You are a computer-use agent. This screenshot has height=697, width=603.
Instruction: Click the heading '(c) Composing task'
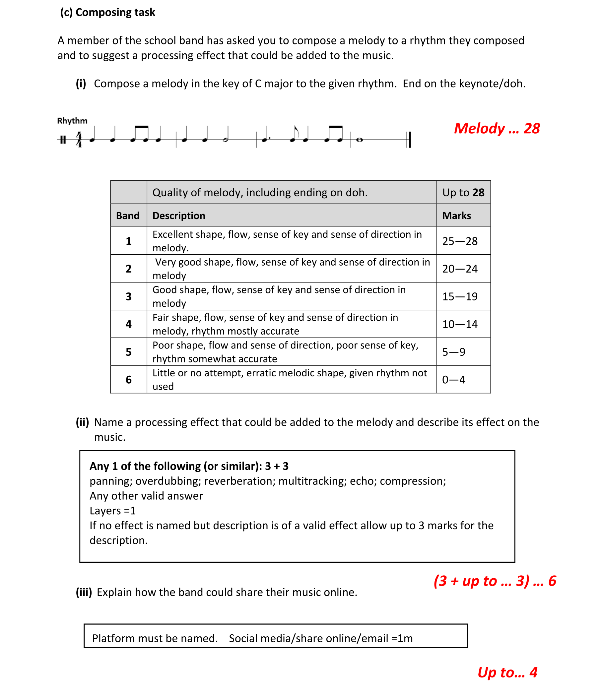(x=107, y=13)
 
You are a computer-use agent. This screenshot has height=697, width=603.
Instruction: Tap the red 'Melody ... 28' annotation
(x=497, y=129)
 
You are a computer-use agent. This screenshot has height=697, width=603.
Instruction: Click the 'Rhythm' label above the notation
(x=72, y=121)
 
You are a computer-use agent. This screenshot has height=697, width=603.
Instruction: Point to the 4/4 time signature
(x=79, y=139)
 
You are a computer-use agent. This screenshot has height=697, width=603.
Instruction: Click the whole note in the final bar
(x=359, y=140)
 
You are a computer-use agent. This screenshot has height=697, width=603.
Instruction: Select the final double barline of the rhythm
(x=409, y=140)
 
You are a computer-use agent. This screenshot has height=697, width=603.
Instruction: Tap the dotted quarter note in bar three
(x=265, y=139)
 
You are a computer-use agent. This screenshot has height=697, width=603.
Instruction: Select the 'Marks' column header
(x=456, y=216)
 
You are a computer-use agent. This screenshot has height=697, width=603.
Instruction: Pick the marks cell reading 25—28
(x=460, y=241)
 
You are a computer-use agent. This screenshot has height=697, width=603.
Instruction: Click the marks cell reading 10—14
(x=460, y=324)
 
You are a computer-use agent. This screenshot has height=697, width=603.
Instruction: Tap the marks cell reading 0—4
(x=454, y=380)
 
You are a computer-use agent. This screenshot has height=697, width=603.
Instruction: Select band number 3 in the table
(x=129, y=297)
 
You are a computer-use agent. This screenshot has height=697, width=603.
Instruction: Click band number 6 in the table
(x=129, y=380)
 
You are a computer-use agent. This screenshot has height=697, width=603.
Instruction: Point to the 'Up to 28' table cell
(x=463, y=192)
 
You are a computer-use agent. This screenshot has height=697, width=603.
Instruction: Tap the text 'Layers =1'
(x=112, y=511)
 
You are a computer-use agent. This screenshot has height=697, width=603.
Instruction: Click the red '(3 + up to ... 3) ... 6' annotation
(x=495, y=581)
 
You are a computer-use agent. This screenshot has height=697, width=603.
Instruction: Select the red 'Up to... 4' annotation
(x=507, y=672)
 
